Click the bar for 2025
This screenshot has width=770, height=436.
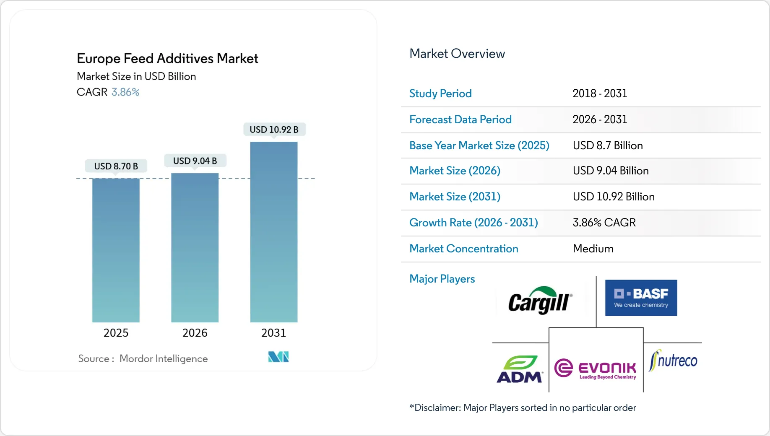pyautogui.click(x=116, y=250)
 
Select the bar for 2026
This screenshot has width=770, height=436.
pyautogui.click(x=195, y=248)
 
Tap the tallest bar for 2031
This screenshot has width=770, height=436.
pyautogui.click(x=273, y=232)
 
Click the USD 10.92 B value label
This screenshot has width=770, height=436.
pyautogui.click(x=274, y=130)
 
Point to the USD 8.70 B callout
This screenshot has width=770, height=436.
pyautogui.click(x=116, y=166)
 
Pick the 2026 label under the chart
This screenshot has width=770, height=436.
pyautogui.click(x=195, y=333)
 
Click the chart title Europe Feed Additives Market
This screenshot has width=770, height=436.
pyautogui.click(x=167, y=58)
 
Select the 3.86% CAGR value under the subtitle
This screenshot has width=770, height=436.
pyautogui.click(x=125, y=92)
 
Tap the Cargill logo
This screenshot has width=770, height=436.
pyautogui.click(x=539, y=300)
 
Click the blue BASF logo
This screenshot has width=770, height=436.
pyautogui.click(x=640, y=298)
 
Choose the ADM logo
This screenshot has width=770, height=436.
pyautogui.click(x=520, y=369)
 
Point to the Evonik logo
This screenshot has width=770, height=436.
pyautogui.click(x=595, y=369)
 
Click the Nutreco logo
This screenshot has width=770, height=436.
pyautogui.click(x=673, y=361)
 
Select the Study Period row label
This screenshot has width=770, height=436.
pyautogui.click(x=440, y=93)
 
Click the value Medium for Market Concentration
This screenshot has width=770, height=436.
pyautogui.click(x=593, y=249)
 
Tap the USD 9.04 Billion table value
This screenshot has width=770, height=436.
pyautogui.click(x=611, y=171)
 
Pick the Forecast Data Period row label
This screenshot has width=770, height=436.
pyautogui.click(x=460, y=119)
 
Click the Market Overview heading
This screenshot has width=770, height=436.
pyautogui.click(x=457, y=54)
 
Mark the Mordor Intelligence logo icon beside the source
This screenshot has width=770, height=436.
pyautogui.click(x=278, y=357)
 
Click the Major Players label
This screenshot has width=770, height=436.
pyautogui.click(x=442, y=279)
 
